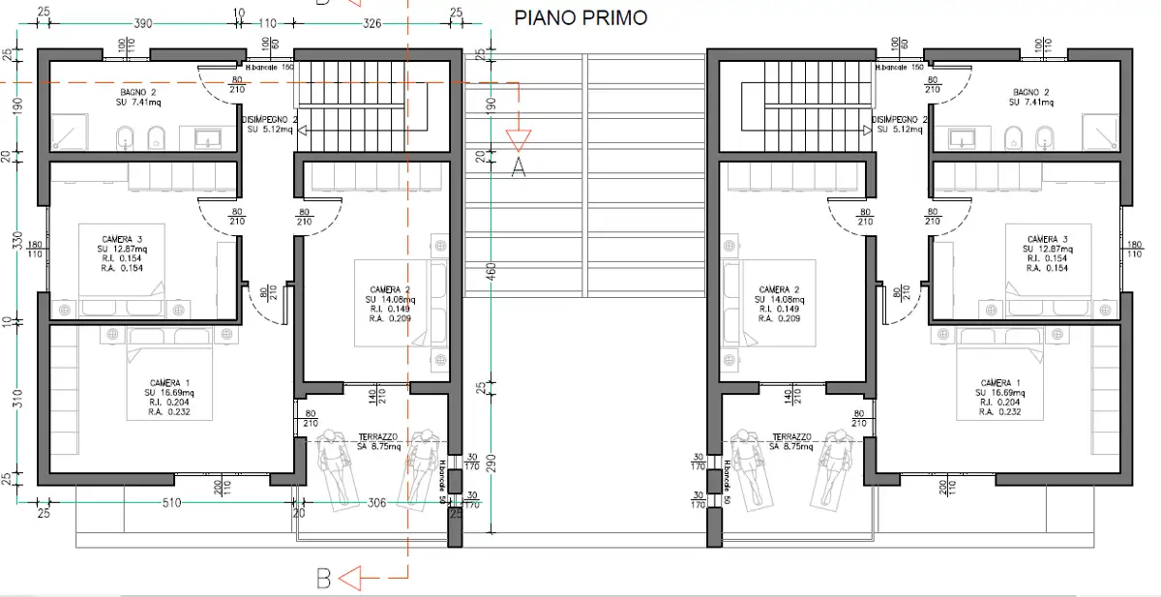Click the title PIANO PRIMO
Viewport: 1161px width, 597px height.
tap(580, 18)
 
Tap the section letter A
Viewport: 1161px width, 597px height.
tap(519, 166)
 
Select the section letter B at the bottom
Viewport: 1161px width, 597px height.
tap(324, 579)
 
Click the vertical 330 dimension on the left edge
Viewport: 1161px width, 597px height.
tap(16, 240)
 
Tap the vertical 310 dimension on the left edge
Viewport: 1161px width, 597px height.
tap(16, 399)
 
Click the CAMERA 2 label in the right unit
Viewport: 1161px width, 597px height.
tap(779, 289)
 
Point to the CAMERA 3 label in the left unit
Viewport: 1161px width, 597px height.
tap(122, 239)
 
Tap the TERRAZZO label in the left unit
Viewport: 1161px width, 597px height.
tap(379, 436)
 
